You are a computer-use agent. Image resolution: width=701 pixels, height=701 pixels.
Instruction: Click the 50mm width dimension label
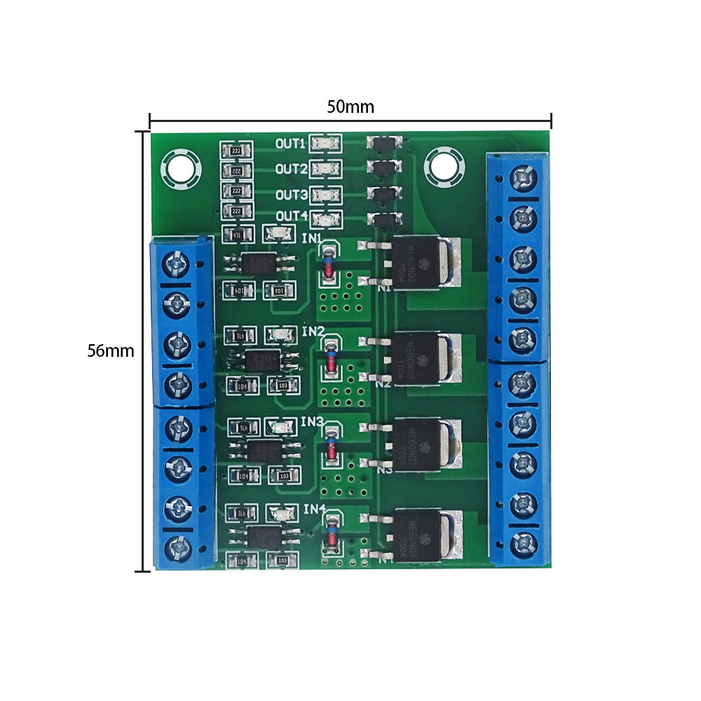click(350, 107)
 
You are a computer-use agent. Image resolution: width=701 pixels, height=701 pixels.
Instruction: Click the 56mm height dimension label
click(110, 350)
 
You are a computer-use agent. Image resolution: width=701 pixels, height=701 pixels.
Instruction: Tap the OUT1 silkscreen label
click(290, 144)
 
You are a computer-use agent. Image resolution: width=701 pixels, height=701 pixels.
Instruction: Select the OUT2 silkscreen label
click(290, 169)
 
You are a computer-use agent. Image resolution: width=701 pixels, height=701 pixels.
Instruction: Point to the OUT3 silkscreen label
click(290, 194)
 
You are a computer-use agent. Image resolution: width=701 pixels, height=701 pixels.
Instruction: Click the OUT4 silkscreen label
click(290, 216)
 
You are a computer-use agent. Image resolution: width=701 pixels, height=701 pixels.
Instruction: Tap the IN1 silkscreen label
click(312, 238)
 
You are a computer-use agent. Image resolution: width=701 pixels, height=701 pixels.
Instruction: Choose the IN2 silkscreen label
click(313, 331)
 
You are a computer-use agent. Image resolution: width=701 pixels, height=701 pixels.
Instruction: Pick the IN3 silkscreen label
click(312, 422)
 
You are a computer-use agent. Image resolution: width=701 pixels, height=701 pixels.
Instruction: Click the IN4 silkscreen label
click(313, 508)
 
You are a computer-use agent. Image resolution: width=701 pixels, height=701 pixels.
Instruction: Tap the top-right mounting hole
click(442, 165)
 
